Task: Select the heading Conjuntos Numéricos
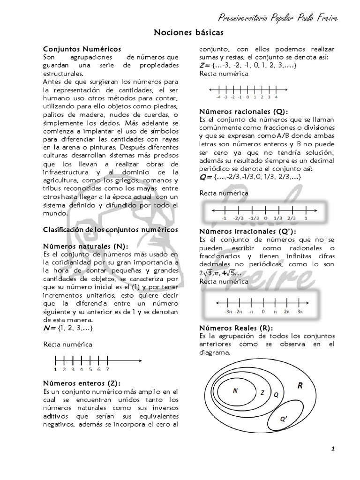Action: coord(82,49)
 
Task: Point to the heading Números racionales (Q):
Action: coord(243,112)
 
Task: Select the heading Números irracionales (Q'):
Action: coord(247,232)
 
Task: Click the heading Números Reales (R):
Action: coord(236,328)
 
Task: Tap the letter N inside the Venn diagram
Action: coord(235,390)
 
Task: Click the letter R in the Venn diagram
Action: coord(300,385)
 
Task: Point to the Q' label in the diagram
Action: coord(284,419)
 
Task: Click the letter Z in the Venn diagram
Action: coord(262,392)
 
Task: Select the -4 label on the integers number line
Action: coord(218,97)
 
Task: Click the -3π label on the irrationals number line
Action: coord(228,310)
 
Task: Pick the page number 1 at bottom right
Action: coord(332,449)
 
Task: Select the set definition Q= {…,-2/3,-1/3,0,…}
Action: coord(250,176)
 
